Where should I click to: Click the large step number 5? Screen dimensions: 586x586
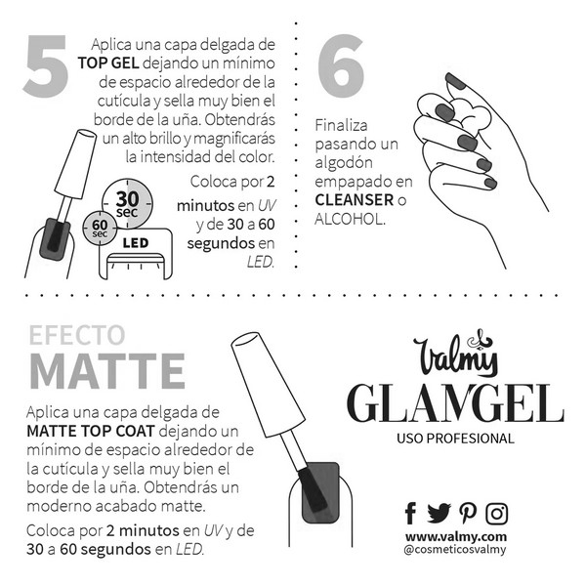(x=45, y=67)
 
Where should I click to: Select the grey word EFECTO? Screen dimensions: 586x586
(x=77, y=335)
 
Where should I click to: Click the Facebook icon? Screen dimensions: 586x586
(x=410, y=513)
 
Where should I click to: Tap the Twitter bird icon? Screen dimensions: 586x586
(x=439, y=513)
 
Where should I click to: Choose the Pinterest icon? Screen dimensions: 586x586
(x=468, y=513)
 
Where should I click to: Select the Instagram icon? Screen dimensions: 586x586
(x=497, y=513)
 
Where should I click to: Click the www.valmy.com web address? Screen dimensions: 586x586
(x=456, y=536)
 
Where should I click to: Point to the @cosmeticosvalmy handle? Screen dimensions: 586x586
(x=455, y=551)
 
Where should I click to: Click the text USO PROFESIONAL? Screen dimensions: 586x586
(x=456, y=439)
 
